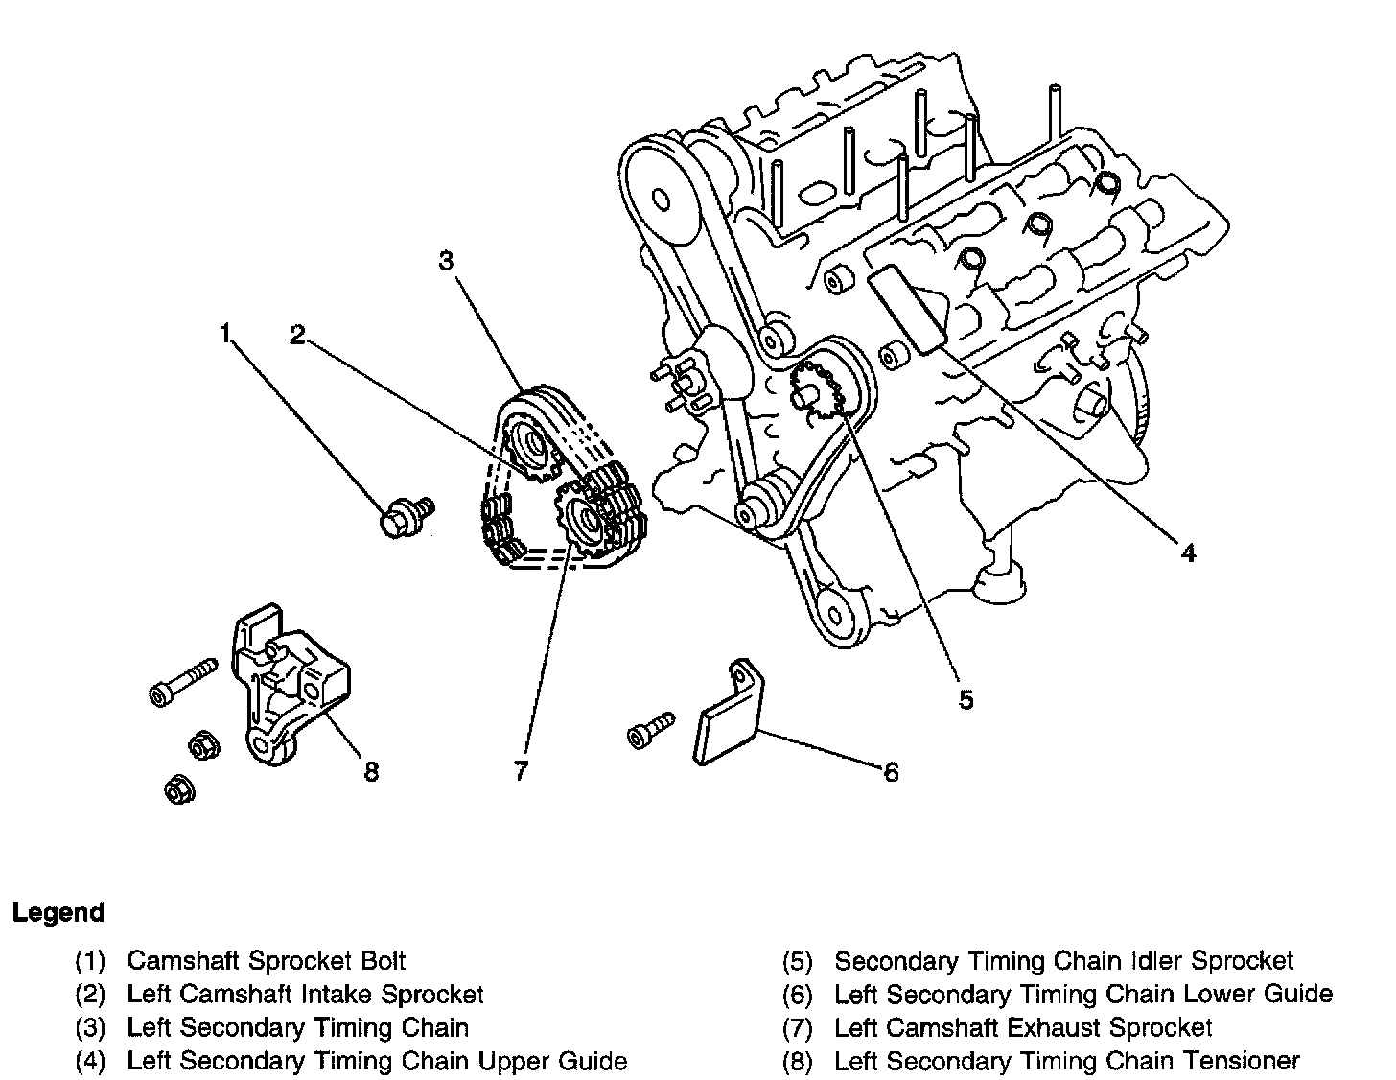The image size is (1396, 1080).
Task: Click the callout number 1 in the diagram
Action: coord(225,334)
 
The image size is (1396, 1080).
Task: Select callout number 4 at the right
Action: coord(1188,552)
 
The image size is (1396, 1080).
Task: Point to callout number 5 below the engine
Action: coord(966,699)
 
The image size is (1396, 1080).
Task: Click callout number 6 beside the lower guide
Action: coord(891,772)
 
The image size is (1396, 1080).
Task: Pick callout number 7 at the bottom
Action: coord(521,770)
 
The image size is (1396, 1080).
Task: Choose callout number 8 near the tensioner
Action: coord(371,771)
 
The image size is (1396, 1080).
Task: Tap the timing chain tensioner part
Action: coord(291,685)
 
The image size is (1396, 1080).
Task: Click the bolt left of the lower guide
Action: coord(651,730)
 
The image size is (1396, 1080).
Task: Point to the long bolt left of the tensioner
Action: coord(183,682)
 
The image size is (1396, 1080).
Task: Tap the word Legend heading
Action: coord(58,912)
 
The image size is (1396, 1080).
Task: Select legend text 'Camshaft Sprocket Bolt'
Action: coord(266,960)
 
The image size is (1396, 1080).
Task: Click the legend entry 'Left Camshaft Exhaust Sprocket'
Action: coord(1023,1027)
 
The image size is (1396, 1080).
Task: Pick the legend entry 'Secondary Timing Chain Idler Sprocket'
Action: coord(1064,960)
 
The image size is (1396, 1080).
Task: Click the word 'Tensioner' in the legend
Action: coord(1242,1061)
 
